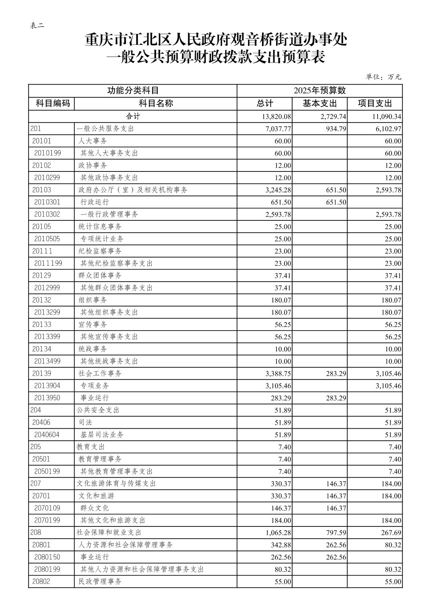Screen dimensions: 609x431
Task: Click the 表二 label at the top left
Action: pyautogui.click(x=37, y=25)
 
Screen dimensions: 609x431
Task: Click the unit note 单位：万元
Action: pyautogui.click(x=383, y=77)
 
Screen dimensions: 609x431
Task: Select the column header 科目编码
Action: pyautogui.click(x=53, y=103)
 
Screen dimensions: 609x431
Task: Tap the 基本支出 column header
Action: pyautogui.click(x=319, y=103)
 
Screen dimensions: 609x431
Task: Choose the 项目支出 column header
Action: pyautogui.click(x=374, y=103)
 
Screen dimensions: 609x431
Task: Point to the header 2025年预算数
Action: pyautogui.click(x=319, y=91)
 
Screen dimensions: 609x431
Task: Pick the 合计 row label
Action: pyautogui.click(x=133, y=116)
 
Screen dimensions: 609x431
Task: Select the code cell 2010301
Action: pyautogui.click(x=47, y=202)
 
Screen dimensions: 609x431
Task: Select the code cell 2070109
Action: pyautogui.click(x=47, y=508)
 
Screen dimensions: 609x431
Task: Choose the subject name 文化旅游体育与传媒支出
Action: pyautogui.click(x=116, y=484)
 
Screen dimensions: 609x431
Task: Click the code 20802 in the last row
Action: pyautogui.click(x=41, y=581)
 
